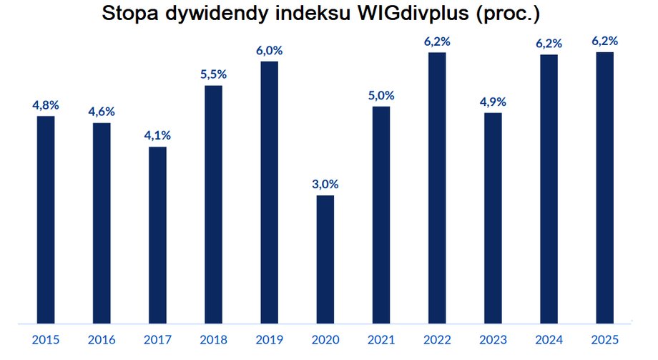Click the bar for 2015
[46, 219]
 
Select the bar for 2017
[157, 235]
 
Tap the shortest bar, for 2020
[325, 258]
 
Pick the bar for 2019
[269, 192]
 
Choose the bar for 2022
[437, 188]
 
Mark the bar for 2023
[493, 218]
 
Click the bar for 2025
[605, 188]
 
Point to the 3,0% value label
[325, 184]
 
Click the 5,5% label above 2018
[213, 74]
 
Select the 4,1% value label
[157, 135]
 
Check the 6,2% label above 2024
[549, 43]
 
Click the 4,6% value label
[102, 112]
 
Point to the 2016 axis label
[102, 340]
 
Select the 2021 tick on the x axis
[381, 340]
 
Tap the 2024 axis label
[549, 340]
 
